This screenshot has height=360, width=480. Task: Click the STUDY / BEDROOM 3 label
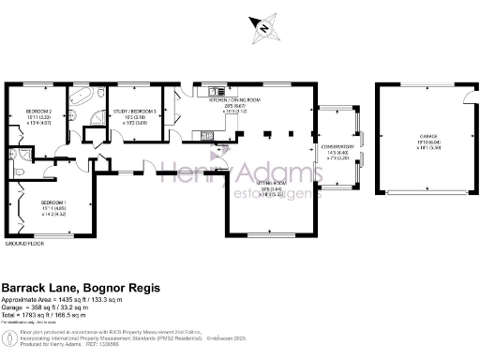pos(133,112)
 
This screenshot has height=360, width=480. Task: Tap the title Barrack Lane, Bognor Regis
pos(80,287)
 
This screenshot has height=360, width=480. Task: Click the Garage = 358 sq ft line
pos(56,310)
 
